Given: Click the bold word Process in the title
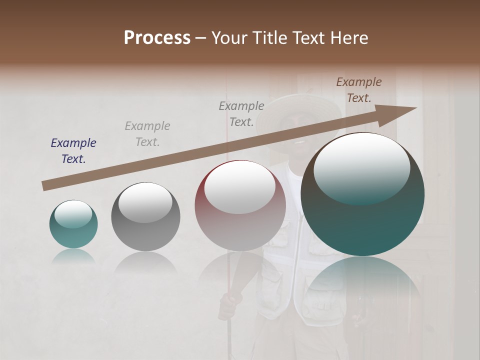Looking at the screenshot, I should coord(157,38).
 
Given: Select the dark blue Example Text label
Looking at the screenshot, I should coord(73,151).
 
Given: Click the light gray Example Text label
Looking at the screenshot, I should coord(147,134).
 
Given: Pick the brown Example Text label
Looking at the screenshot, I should coord(358,90).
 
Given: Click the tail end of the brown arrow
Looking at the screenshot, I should coord(45,185).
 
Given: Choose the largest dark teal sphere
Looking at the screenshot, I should coord(362,220).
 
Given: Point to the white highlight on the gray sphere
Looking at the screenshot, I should coord(145,202).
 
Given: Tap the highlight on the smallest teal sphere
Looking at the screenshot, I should coord(73,214).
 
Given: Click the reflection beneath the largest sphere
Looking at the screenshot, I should coord(362,280).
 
